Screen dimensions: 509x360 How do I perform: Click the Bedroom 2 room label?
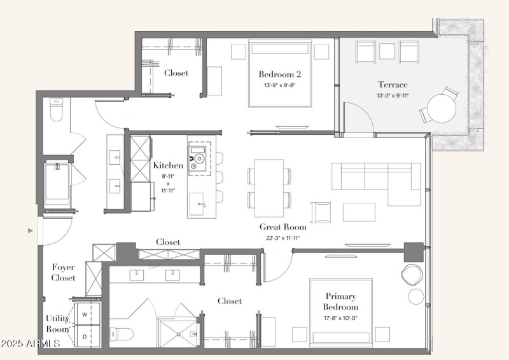(x=280, y=74)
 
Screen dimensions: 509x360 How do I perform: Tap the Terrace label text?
(x=393, y=85)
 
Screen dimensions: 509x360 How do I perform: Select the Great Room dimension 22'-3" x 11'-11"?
(x=282, y=238)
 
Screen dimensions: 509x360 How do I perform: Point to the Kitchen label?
(x=168, y=165)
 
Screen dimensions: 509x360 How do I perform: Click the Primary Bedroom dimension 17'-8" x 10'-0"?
(x=340, y=318)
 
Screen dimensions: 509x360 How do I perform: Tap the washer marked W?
(x=85, y=314)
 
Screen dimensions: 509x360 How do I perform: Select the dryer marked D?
(x=85, y=336)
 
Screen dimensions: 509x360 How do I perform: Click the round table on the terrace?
(x=442, y=108)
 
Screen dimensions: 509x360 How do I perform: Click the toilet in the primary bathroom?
(x=122, y=334)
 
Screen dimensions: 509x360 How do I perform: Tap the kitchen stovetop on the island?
(x=198, y=158)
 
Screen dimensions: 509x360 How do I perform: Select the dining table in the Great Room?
(x=269, y=188)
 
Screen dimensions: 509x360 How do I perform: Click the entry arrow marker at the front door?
(x=31, y=231)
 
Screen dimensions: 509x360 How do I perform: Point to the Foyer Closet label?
(x=63, y=273)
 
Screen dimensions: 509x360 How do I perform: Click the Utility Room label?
(x=57, y=324)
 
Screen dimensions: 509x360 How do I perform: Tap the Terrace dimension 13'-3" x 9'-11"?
(x=393, y=96)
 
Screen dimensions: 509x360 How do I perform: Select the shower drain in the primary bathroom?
(x=178, y=334)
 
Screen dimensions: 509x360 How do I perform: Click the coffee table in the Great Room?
(x=359, y=212)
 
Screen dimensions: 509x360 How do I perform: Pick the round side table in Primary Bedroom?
(x=416, y=296)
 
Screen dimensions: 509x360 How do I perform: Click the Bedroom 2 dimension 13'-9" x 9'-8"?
(x=280, y=85)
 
